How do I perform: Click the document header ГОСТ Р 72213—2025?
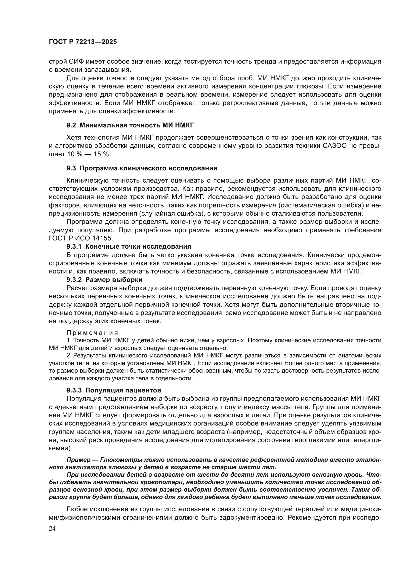pos(83,42)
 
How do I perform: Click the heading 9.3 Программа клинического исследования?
pos(142,168)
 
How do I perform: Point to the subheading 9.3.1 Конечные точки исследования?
pos(128,246)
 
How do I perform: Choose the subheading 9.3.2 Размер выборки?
pos(104,280)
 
